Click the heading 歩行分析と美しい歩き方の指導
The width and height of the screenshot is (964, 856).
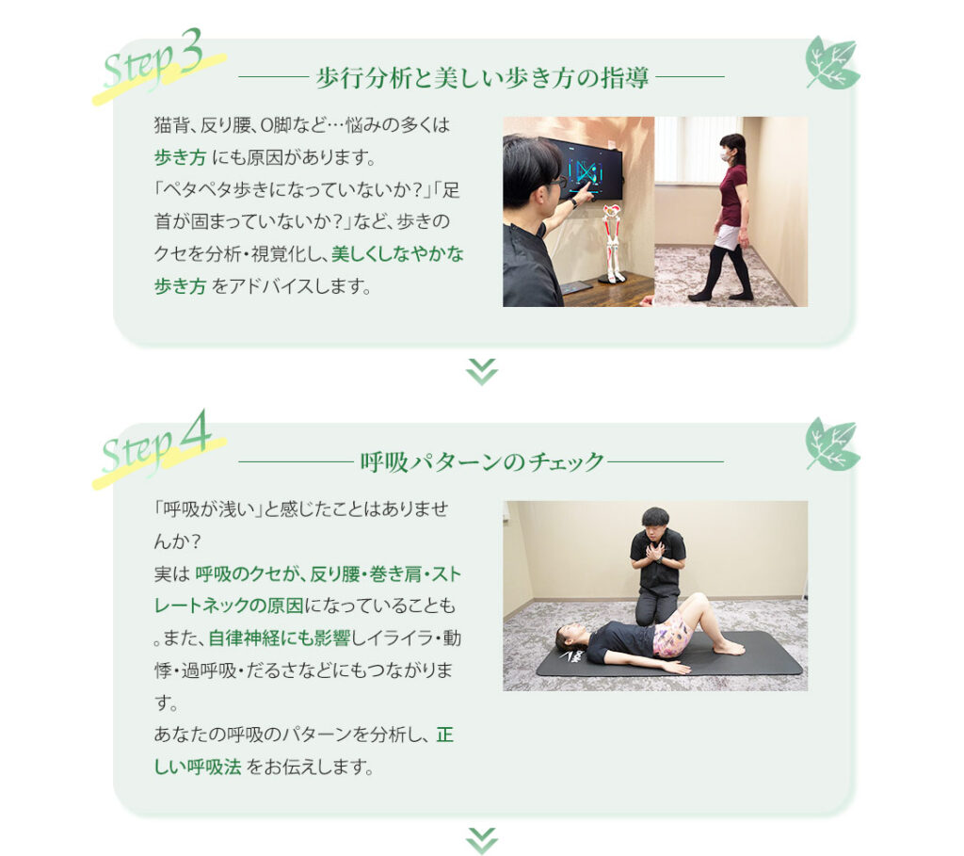pos(482,78)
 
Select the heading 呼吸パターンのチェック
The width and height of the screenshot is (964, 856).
pos(482,461)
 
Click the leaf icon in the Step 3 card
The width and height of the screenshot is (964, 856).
pos(832,63)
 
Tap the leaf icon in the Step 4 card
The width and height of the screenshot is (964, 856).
pos(832,444)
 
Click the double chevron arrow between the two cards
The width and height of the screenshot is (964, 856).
pos(482,371)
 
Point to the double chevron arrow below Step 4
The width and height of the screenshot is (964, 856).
pos(482,841)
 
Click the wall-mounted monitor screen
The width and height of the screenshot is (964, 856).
pos(584,168)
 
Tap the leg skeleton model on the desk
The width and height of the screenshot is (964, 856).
pos(611,244)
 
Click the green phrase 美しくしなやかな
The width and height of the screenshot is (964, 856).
pos(397,254)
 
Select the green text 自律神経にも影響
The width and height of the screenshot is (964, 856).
pos(279,638)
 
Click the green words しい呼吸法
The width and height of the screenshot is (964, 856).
pos(198,767)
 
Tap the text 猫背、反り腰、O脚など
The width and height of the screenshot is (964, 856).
pos(240,125)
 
